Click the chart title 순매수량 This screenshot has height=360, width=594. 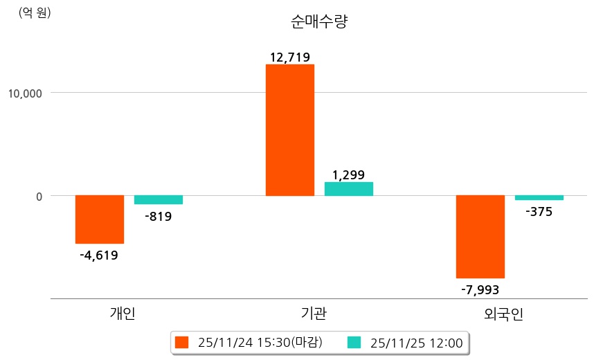tap(319, 22)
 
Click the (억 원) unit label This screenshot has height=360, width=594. tap(35, 12)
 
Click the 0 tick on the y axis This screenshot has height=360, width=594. tap(39, 197)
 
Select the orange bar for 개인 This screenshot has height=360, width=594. tap(100, 219)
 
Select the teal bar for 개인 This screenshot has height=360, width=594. tap(159, 200)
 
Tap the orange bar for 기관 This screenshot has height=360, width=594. tap(290, 130)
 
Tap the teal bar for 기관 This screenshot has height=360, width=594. tap(349, 189)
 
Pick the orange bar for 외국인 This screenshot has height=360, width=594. tap(480, 237)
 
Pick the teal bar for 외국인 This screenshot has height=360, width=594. tap(539, 198)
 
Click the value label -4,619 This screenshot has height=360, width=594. tap(99, 255)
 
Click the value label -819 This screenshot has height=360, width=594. tap(159, 217)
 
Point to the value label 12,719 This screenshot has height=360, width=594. tap(290, 57)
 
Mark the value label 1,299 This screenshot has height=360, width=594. tap(348, 175)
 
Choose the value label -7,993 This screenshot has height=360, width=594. tap(480, 289)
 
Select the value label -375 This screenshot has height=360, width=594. tap(539, 212)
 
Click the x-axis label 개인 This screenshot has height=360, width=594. tap(123, 314)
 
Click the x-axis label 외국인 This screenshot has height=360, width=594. tap(504, 314)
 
